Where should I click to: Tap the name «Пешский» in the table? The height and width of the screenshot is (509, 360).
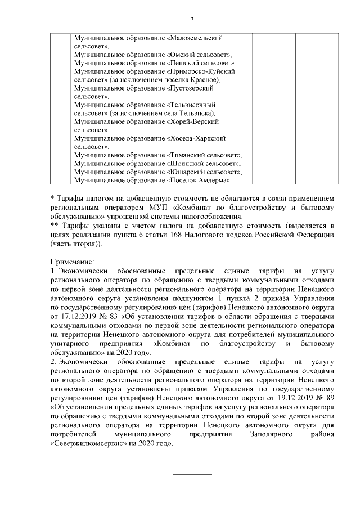coord(187,64)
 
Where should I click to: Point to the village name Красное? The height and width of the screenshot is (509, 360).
coord(206,80)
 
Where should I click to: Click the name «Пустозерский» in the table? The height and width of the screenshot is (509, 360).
coord(191,89)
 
